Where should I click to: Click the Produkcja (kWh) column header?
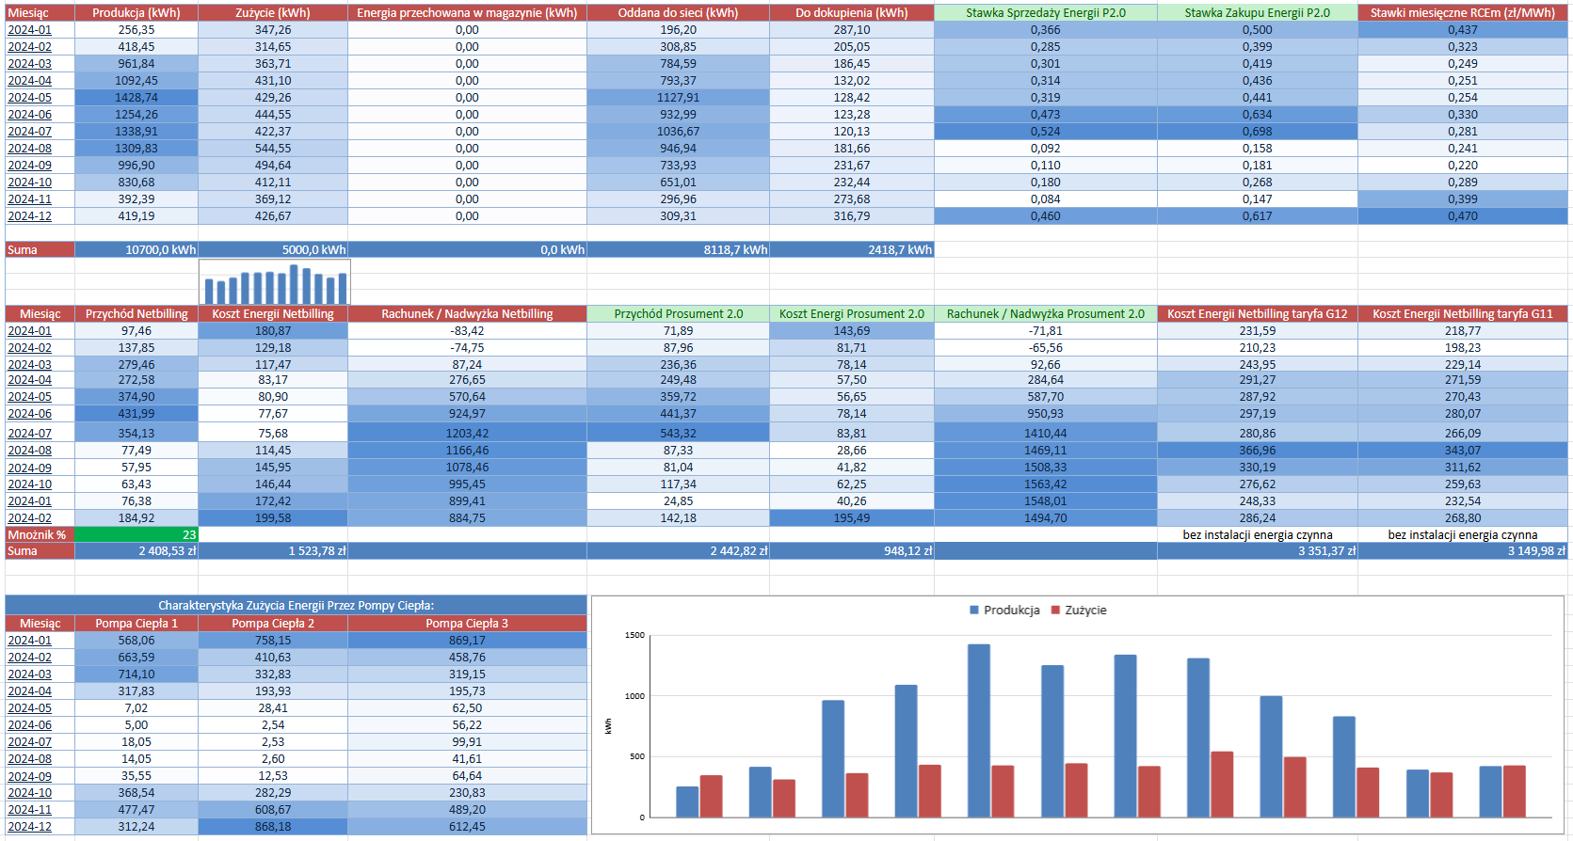(x=136, y=13)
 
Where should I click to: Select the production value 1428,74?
(x=136, y=98)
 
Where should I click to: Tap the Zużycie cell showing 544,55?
(x=273, y=149)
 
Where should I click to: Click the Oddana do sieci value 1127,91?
(x=678, y=98)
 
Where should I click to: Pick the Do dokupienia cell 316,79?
(x=851, y=216)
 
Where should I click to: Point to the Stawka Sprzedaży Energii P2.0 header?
(x=1045, y=13)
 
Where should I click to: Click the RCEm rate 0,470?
(x=1462, y=216)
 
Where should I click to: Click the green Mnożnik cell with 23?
(x=136, y=534)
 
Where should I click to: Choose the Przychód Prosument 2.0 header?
(x=678, y=314)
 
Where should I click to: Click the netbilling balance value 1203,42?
(x=467, y=434)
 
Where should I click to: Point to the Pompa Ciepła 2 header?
(x=273, y=624)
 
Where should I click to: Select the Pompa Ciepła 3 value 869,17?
(x=467, y=641)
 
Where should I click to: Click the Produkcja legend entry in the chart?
(x=1004, y=611)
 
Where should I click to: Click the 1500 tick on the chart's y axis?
(x=634, y=636)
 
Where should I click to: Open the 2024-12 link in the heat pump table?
(x=29, y=827)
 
